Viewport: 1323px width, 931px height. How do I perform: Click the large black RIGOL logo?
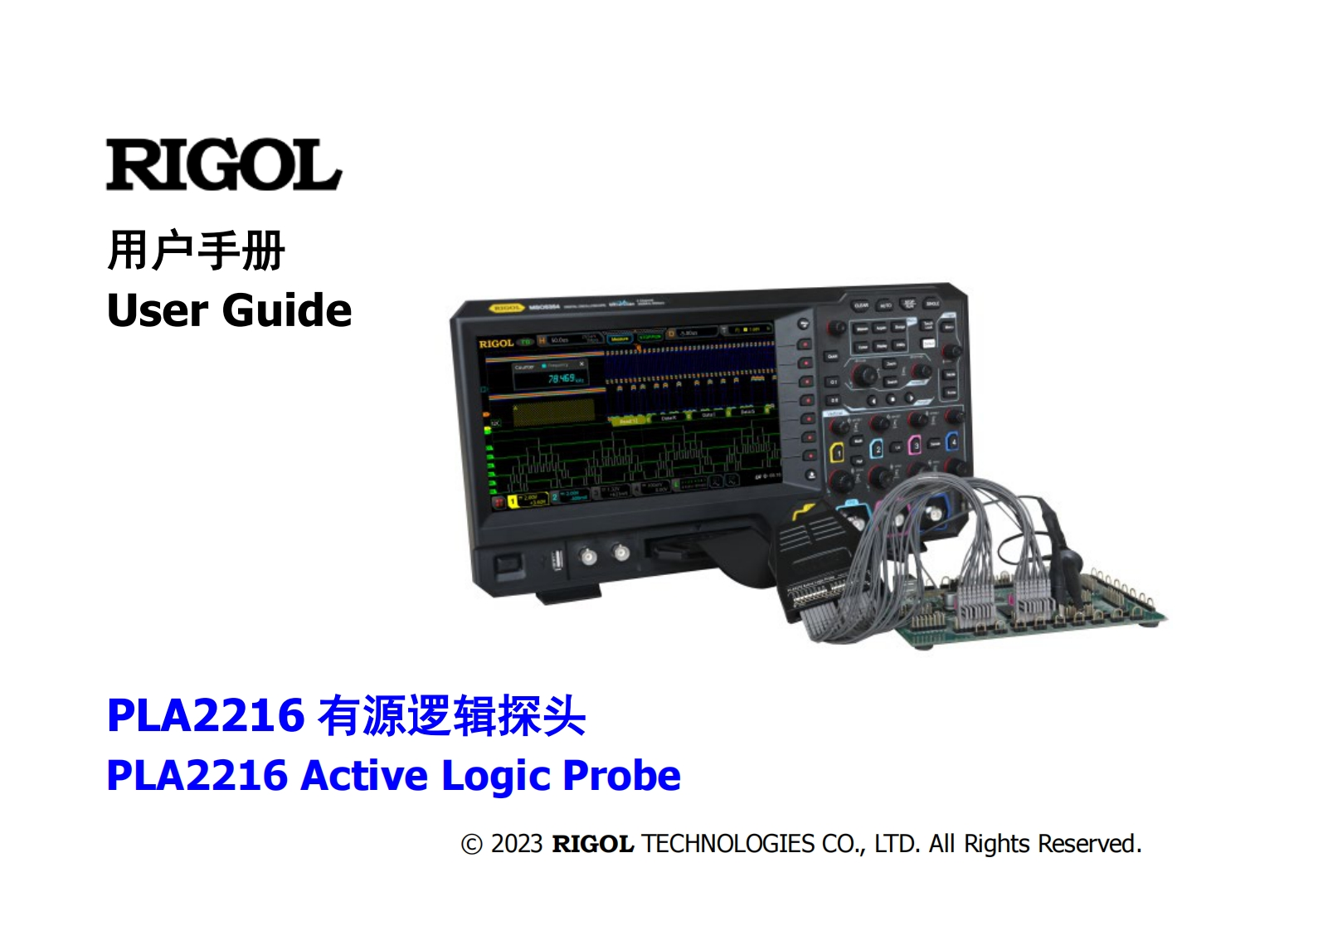(223, 165)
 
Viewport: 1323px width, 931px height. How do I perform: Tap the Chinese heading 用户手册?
(196, 251)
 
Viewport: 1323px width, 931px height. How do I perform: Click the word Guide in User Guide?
(287, 310)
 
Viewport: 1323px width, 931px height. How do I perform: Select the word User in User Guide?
(158, 310)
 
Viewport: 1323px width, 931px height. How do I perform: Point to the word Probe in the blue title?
(621, 776)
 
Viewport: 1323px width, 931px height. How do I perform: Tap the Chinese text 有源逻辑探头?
(452, 715)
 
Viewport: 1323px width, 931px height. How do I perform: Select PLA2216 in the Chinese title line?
(206, 715)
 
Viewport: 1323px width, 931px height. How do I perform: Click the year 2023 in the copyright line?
(516, 844)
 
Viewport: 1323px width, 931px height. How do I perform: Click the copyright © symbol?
(471, 845)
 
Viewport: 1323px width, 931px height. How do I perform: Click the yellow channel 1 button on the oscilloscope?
(838, 453)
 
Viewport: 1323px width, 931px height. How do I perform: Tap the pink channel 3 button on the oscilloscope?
(916, 446)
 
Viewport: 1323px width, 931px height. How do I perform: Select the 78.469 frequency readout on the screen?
(562, 378)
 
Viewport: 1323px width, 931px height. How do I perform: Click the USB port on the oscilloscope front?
(557, 560)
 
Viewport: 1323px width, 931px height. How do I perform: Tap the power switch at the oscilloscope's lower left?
(508, 567)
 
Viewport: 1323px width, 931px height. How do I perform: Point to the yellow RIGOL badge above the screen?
(506, 307)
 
